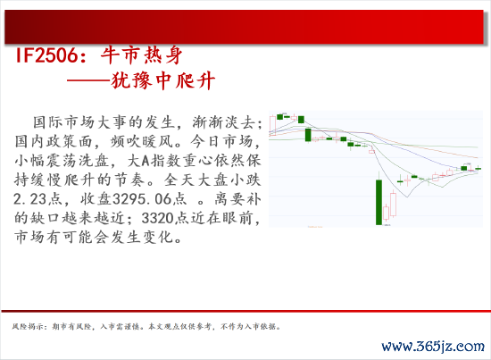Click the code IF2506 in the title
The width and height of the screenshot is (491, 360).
tap(46, 55)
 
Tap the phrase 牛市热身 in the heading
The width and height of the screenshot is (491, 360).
tap(142, 55)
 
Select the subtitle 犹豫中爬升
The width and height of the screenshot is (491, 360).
tap(163, 80)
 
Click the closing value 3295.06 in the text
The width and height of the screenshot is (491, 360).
tap(142, 199)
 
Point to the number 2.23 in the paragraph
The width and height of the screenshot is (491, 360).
tap(30, 199)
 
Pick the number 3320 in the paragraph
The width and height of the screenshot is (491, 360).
tap(157, 218)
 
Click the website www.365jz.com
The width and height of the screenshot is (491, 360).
tap(433, 347)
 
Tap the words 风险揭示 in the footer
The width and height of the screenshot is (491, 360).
tap(28, 326)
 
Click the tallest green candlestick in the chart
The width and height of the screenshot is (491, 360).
tap(379, 202)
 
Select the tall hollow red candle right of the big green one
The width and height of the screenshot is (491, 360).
tap(393, 205)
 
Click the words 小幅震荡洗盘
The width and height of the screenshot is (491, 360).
tap(62, 161)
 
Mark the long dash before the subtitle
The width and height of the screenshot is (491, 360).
tap(89, 80)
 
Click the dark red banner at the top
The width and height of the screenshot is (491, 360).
tap(244, 27)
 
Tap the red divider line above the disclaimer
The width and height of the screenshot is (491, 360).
tap(245, 311)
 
